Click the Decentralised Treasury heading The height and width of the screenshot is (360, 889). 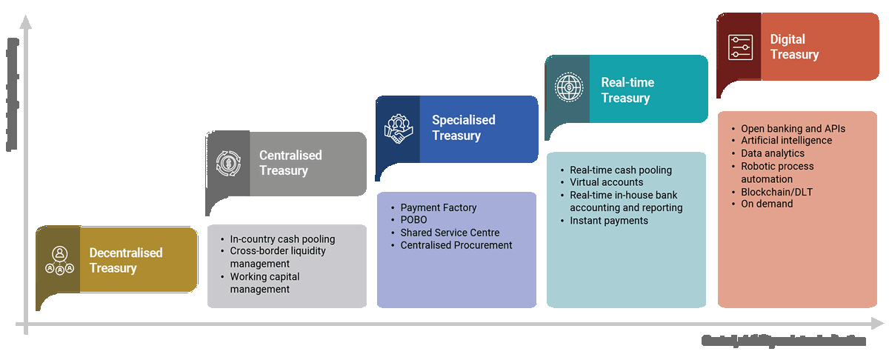pos(126,260)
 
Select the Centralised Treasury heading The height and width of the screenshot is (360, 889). pos(290,163)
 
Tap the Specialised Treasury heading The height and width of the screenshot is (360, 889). pos(464,127)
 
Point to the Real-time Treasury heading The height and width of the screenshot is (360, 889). pos(627,90)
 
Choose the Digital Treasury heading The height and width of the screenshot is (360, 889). pos(794,47)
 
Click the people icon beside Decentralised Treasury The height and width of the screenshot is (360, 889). pos(60,260)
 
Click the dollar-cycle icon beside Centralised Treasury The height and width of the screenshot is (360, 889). pos(227,163)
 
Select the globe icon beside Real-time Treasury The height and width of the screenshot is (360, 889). pos(567,88)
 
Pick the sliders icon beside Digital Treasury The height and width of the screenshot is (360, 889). pos(739,47)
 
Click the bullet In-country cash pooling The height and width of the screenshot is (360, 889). pos(282,239)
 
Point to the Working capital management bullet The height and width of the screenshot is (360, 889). pos(264,283)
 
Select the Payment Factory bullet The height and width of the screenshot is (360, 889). pos(439,207)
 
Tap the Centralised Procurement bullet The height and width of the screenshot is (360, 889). pos(456,245)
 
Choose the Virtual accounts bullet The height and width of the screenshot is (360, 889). pos(607,182)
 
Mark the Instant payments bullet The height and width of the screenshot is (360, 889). pos(609,221)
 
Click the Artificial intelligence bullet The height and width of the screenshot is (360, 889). pos(786,141)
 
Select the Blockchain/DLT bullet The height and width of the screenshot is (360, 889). pos(776,192)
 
